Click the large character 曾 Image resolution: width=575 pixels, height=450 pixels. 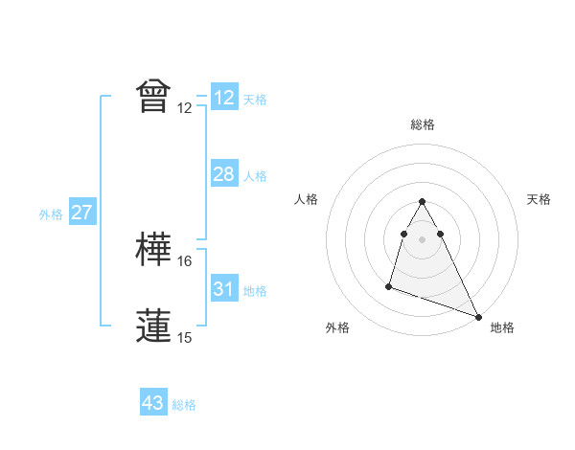pos(154,96)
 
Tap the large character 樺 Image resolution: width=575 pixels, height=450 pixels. pos(154,250)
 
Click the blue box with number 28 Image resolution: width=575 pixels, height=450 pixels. pos(223,174)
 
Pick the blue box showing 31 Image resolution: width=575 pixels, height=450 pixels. pos(223,289)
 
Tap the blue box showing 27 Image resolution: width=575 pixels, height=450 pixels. pos(81,214)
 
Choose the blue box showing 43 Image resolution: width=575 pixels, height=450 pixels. pos(153,403)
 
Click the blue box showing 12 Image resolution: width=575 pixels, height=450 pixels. pos(223,98)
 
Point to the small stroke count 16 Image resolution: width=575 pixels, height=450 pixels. pos(185,260)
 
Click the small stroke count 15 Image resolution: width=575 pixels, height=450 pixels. pos(185,337)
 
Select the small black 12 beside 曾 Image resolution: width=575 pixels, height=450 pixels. pos(185,107)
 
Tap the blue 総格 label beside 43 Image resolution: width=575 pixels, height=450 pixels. pos(184,405)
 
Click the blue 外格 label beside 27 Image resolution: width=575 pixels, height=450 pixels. pos(51,214)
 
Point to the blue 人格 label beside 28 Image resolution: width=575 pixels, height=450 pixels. pos(255,176)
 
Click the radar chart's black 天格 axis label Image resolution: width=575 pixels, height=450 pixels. pos(539,199)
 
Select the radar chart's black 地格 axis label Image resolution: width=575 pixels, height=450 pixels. pos(502,327)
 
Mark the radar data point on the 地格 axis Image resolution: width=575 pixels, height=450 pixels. pos(478,316)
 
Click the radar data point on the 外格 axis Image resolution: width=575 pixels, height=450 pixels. pos(389,285)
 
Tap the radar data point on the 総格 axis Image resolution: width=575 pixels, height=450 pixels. pos(422,201)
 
